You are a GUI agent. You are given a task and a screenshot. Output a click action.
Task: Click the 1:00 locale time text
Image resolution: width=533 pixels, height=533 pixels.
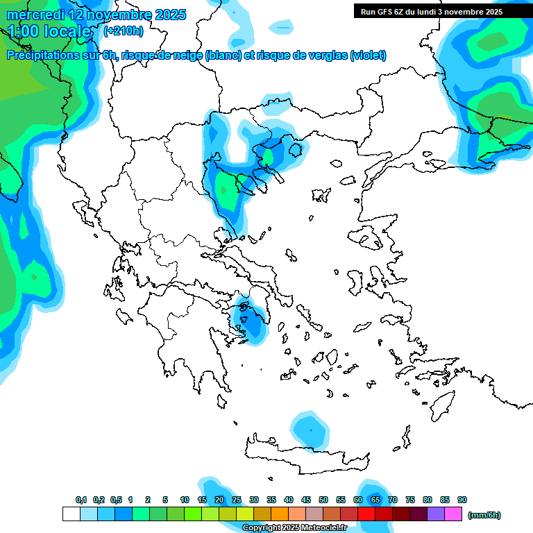(x=50, y=31)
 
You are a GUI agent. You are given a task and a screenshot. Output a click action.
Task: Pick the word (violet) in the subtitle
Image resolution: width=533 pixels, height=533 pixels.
(x=368, y=56)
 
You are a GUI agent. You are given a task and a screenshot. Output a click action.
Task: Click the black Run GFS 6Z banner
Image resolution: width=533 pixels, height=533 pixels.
(x=432, y=11)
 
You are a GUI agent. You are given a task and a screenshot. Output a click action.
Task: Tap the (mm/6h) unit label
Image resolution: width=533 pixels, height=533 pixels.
(x=484, y=515)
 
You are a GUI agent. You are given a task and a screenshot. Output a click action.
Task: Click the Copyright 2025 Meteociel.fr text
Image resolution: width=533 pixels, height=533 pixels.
(x=294, y=528)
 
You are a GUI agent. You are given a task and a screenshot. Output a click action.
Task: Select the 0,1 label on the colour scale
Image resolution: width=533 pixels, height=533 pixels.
(x=81, y=500)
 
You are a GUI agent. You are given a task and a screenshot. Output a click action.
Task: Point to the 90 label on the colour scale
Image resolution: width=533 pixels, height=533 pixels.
(x=462, y=500)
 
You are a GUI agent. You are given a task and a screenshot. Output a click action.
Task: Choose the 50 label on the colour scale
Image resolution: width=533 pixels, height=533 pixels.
(x=323, y=500)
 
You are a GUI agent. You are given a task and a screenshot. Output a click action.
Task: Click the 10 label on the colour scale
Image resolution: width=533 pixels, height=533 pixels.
(x=185, y=500)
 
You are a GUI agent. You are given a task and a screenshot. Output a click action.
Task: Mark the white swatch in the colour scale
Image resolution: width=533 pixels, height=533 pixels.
(x=71, y=514)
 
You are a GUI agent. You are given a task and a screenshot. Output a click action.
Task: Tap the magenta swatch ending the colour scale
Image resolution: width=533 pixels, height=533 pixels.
(x=453, y=514)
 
